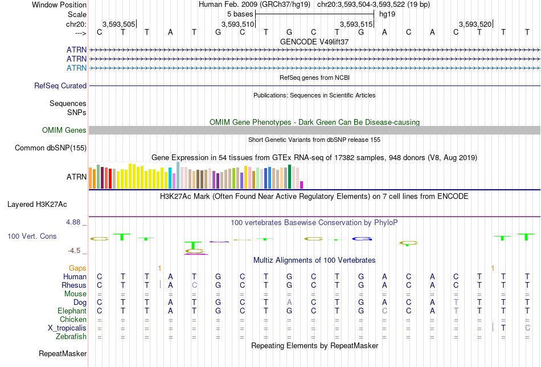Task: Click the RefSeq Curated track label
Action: [60, 85]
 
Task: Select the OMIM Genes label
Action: [64, 130]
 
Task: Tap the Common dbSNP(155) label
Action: [51, 148]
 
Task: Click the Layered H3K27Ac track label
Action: [37, 205]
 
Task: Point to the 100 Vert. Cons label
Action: [32, 236]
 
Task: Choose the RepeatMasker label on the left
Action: [63, 353]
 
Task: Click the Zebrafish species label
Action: [71, 336]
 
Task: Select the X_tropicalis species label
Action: [67, 328]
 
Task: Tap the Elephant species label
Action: [72, 311]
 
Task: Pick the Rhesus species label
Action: [74, 285]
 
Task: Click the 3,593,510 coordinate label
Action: [237, 24]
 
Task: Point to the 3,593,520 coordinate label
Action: [475, 24]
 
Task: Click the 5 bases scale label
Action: [240, 14]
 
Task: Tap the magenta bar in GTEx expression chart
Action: [302, 185]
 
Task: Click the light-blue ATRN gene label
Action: [77, 68]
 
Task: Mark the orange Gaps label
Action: [77, 268]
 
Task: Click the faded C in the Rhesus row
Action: [194, 285]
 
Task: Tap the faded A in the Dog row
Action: [289, 303]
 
